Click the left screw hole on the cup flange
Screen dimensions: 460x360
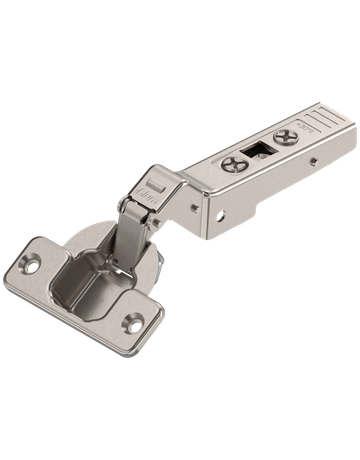33,267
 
